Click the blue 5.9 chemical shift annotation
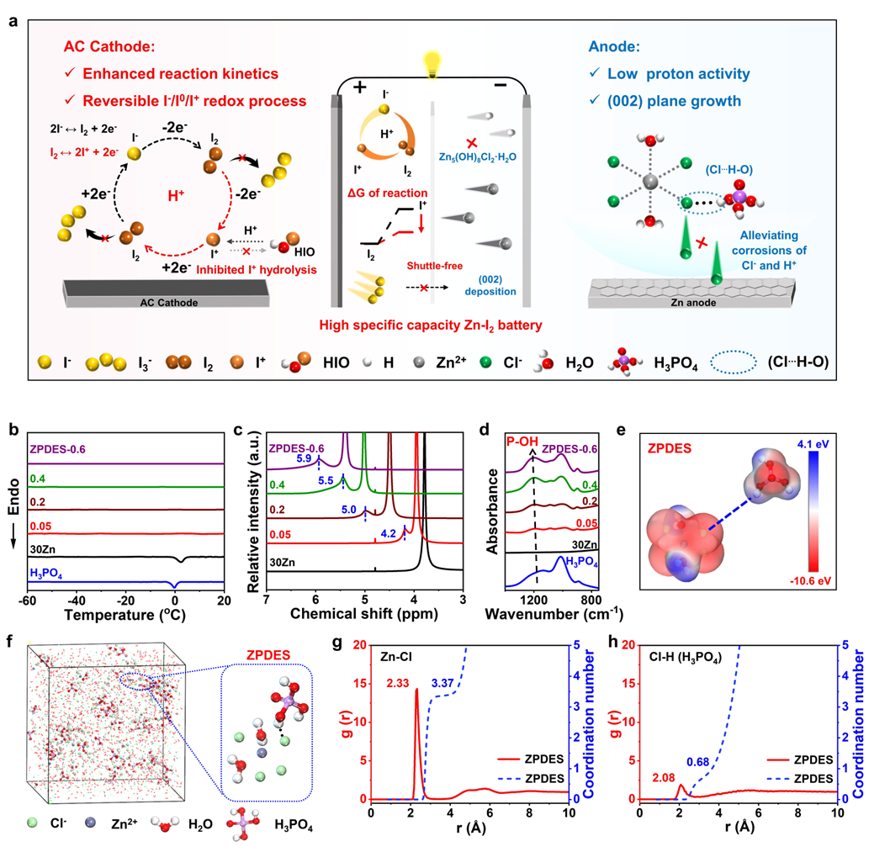click(x=305, y=458)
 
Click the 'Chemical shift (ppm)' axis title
click(x=364, y=615)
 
